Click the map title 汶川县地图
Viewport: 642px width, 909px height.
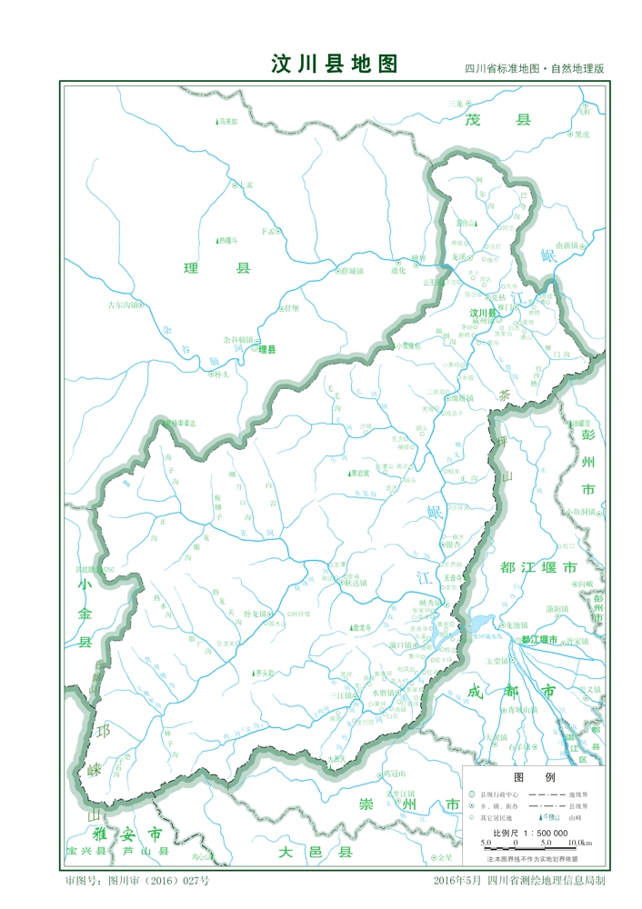click(x=335, y=64)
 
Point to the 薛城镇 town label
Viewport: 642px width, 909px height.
click(x=352, y=270)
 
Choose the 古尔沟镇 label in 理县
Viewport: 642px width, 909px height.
click(x=125, y=305)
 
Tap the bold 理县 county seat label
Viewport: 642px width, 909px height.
click(x=266, y=349)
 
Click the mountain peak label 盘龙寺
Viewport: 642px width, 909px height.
click(x=364, y=627)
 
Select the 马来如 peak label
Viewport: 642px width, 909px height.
click(x=227, y=122)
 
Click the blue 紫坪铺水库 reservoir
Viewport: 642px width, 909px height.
click(x=476, y=624)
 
